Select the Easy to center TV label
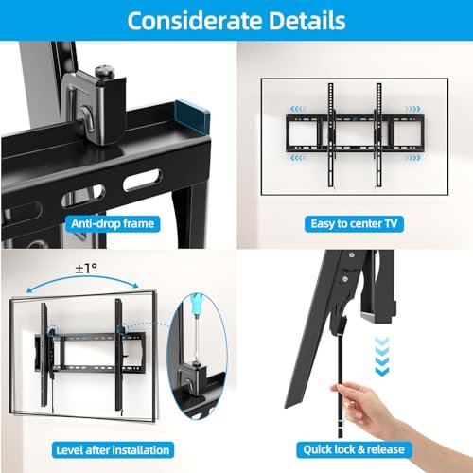(x=353, y=224)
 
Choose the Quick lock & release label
(x=353, y=449)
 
